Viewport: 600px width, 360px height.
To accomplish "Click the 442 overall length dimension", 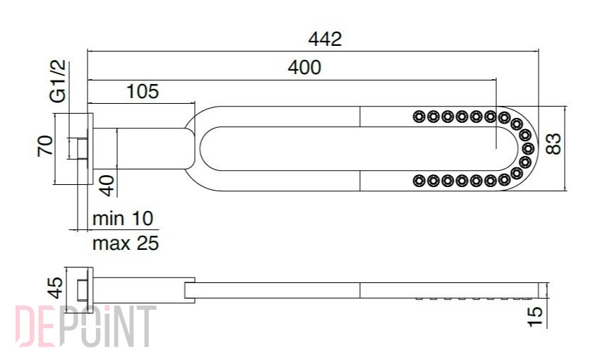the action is (325, 40).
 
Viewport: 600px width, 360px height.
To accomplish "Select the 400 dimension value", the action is (305, 68).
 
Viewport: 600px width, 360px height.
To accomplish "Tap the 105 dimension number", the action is (143, 92).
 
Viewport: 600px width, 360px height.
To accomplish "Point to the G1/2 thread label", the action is (58, 81).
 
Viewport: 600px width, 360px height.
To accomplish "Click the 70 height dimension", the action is (45, 145).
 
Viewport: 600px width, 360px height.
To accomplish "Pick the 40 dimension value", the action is (107, 186).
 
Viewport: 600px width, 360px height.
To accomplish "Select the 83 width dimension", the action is (553, 143).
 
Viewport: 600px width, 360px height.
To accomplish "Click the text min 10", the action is (123, 218).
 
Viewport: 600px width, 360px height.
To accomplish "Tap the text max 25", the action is (126, 243).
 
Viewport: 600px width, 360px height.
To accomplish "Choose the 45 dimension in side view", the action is (56, 288).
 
